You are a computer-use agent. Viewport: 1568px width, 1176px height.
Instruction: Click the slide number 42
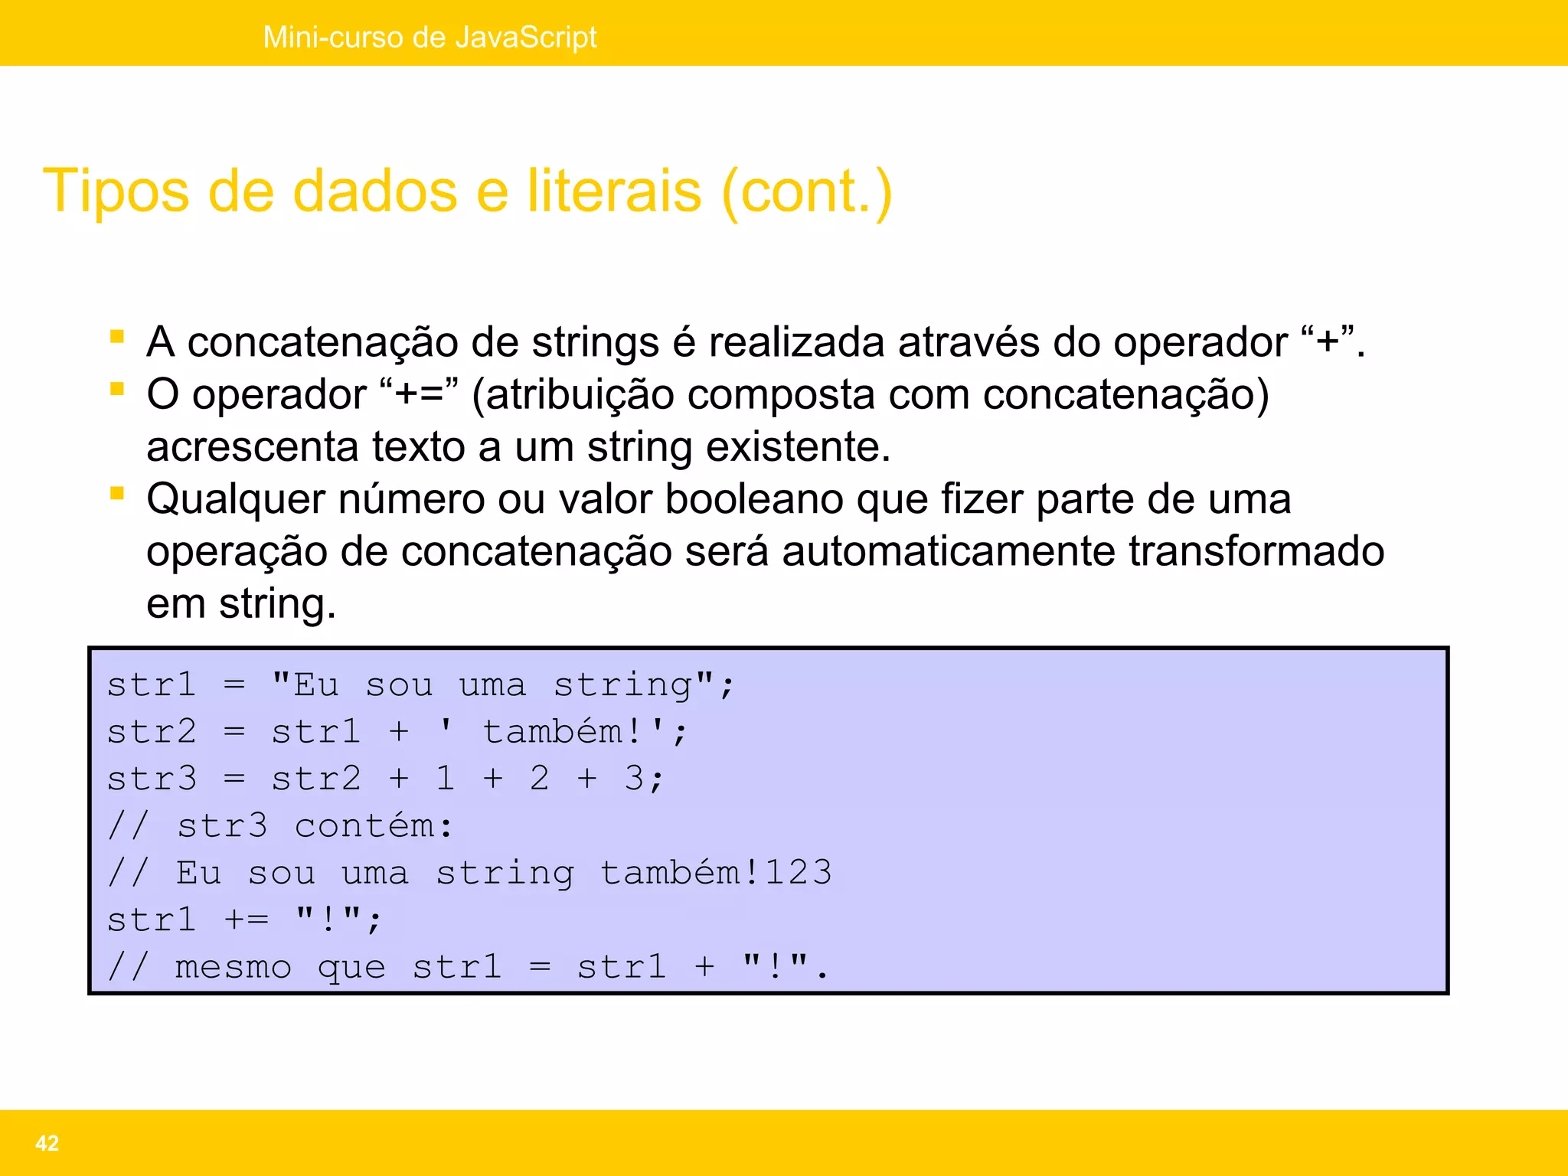(47, 1143)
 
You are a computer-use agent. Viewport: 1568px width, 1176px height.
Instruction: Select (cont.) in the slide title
(807, 191)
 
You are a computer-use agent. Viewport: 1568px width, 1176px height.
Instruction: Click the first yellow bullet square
(117, 337)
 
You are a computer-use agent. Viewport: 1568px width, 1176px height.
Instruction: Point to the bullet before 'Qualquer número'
(117, 494)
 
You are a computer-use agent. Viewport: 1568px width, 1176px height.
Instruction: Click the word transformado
(1256, 552)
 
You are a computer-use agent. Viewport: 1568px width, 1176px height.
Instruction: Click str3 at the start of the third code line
(152, 779)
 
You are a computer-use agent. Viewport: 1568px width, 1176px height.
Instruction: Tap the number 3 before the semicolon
(635, 779)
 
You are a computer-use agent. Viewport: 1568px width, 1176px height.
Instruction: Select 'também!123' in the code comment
(716, 874)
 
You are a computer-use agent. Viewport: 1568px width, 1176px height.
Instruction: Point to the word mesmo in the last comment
(234, 968)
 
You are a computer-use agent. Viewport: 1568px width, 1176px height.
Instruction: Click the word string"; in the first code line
(643, 685)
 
